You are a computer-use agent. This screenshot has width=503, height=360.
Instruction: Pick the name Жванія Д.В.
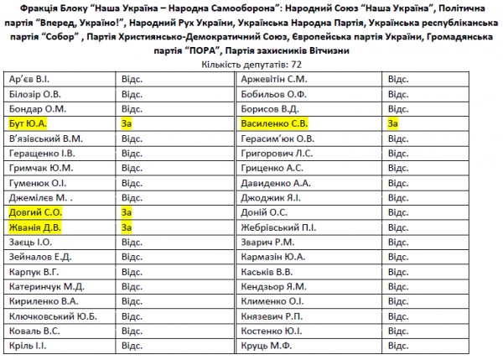[33, 227]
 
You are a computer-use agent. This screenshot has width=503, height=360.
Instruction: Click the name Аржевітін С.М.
[274, 79]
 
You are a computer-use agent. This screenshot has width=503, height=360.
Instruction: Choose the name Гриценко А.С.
[271, 168]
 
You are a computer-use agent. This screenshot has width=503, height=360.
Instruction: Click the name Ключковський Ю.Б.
[52, 316]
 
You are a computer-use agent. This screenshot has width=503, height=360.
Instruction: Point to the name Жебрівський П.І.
[278, 227]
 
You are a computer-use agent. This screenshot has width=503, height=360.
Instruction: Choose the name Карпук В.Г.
[33, 272]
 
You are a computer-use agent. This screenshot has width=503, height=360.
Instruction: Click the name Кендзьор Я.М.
[273, 286]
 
